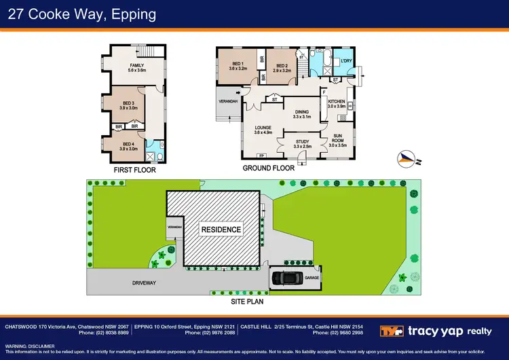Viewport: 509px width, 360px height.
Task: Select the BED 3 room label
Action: point(128,104)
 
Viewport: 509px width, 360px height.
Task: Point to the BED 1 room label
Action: point(238,66)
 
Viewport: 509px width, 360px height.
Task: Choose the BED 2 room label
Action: point(282,66)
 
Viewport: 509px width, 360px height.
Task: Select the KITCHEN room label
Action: point(337,103)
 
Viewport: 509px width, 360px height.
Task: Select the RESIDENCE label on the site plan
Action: point(221,230)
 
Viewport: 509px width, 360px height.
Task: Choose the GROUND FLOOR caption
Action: point(269,168)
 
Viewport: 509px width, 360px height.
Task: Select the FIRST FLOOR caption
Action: point(134,170)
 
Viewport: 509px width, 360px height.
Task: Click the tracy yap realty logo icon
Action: point(396,331)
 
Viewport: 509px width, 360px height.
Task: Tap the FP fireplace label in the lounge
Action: point(263,156)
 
